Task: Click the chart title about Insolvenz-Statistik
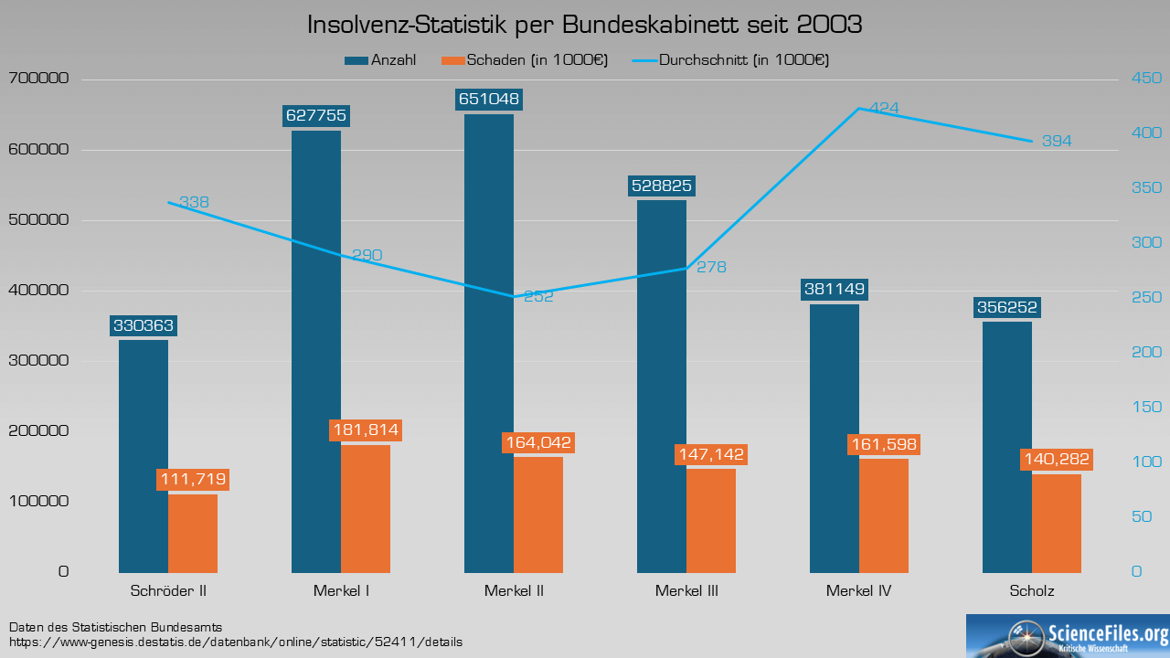[x=585, y=25]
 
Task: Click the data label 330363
[x=144, y=325]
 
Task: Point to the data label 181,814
[x=366, y=430]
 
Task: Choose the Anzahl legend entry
[x=382, y=60]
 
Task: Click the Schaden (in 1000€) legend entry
[x=525, y=60]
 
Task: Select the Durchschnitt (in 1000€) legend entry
[x=732, y=60]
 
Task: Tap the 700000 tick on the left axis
[x=38, y=80]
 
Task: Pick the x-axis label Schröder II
[x=168, y=591]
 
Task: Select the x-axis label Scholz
[x=1032, y=591]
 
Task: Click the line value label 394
[x=1057, y=141]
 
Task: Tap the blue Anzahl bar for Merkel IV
[x=835, y=438]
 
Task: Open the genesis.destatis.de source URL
[x=236, y=642]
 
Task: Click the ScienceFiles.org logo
[x=1068, y=636]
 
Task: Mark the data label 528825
[x=662, y=186]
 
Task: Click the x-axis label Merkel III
[x=686, y=591]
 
